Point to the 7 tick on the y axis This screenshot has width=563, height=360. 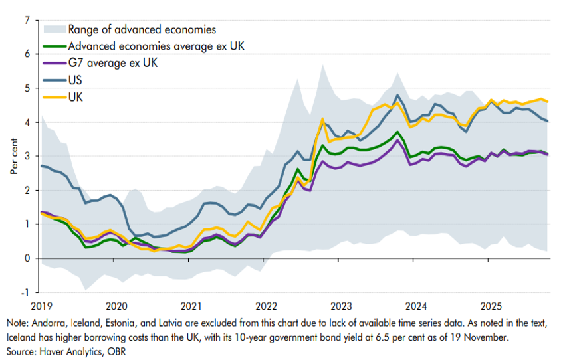pyautogui.click(x=27, y=21)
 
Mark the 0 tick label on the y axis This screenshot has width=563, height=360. pyautogui.click(x=27, y=258)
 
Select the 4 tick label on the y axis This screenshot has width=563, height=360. pyautogui.click(x=27, y=122)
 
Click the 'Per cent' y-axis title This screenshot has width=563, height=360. pyautogui.click(x=13, y=157)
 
